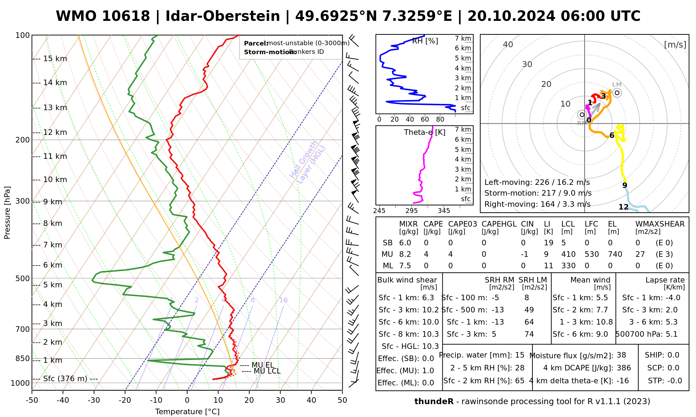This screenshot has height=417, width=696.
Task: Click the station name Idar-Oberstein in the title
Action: pyautogui.click(x=222, y=16)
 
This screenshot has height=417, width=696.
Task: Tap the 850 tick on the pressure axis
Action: pyautogui.click(x=23, y=358)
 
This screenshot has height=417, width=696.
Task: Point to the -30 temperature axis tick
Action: pyautogui.click(x=94, y=400)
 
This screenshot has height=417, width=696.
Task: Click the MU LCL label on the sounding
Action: pyautogui.click(x=267, y=371)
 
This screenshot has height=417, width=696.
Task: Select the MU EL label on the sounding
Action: pyautogui.click(x=263, y=365)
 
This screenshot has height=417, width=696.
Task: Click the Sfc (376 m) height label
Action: pyautogui.click(x=65, y=378)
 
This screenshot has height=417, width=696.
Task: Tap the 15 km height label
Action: pyautogui.click(x=55, y=59)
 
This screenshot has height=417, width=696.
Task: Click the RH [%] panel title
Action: pyautogui.click(x=425, y=41)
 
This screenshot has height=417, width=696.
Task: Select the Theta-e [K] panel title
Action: pyautogui.click(x=425, y=132)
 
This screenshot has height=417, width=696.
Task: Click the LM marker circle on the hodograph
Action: pyautogui.click(x=617, y=93)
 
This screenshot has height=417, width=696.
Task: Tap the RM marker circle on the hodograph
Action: pyautogui.click(x=582, y=115)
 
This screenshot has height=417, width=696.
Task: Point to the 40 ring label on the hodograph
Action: pyautogui.click(x=508, y=44)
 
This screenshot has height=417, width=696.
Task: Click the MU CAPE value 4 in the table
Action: pyautogui.click(x=426, y=254)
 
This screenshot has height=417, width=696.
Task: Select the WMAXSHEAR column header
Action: pyautogui.click(x=660, y=224)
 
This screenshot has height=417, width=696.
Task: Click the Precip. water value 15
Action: pyautogui.click(x=520, y=355)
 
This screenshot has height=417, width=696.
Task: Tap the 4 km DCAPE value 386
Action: pyautogui.click(x=624, y=368)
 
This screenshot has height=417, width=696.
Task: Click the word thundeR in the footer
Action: pyautogui.click(x=434, y=402)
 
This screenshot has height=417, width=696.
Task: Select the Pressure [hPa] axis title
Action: pyautogui.click(x=7, y=213)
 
